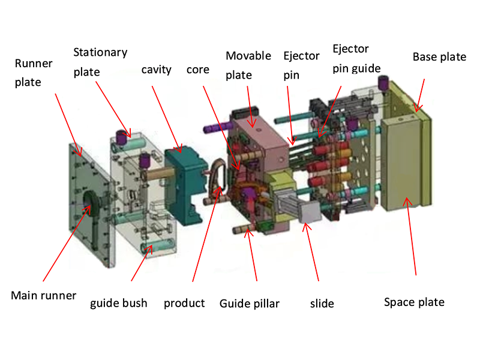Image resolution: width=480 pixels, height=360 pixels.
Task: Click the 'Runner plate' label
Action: (x=33, y=72)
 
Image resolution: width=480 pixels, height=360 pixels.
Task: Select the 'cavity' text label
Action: (x=156, y=70)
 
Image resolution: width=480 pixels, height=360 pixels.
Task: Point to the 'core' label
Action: (x=198, y=70)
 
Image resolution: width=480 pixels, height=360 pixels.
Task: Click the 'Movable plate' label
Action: (x=247, y=65)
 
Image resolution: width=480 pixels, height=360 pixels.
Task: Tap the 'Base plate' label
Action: (x=439, y=57)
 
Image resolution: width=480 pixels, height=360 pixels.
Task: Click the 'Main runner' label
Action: (x=44, y=295)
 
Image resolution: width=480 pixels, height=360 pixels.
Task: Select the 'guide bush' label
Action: (x=118, y=303)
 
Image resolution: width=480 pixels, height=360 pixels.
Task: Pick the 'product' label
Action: (x=184, y=303)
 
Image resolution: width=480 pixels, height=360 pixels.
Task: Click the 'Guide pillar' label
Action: (x=249, y=304)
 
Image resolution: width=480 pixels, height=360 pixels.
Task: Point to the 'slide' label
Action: (x=322, y=304)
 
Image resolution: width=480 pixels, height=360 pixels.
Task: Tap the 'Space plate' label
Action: (x=414, y=302)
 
